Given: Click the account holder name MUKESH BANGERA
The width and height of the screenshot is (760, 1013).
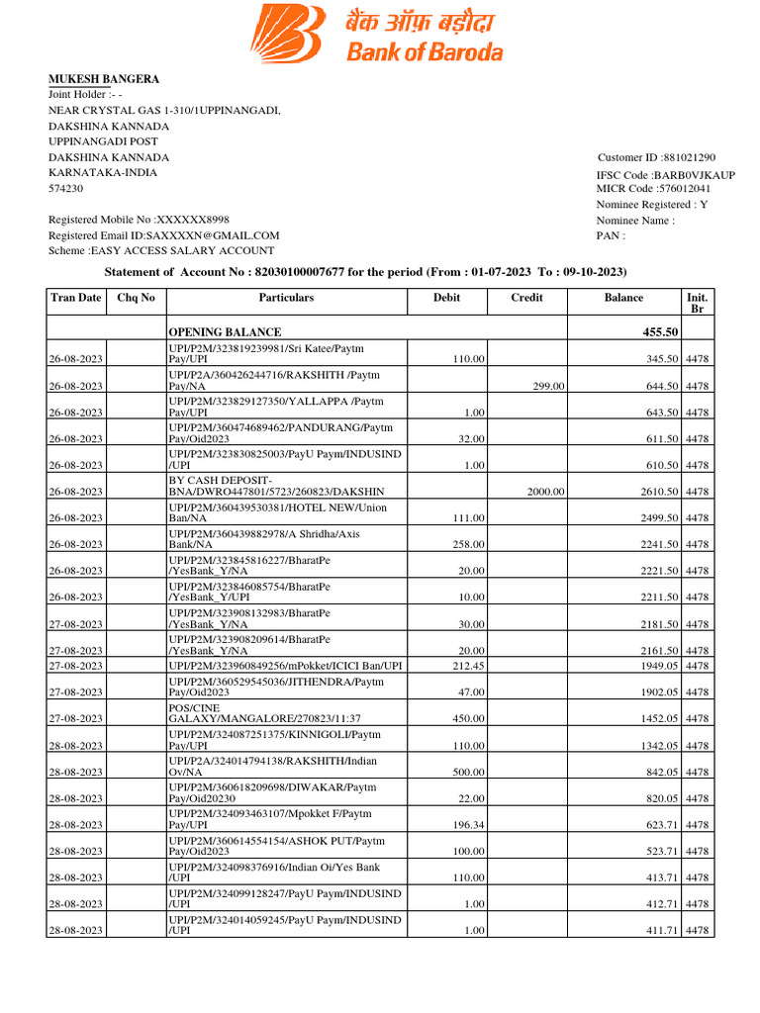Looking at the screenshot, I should [x=104, y=79].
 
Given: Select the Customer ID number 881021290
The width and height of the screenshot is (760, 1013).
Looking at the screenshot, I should [x=689, y=157].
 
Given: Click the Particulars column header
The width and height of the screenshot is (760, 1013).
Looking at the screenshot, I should [x=286, y=298].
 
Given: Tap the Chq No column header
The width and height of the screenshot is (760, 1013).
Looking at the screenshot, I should [x=136, y=298].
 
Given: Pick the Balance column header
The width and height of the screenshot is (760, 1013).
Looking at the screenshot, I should [x=623, y=298].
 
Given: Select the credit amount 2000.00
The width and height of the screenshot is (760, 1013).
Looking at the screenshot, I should [x=544, y=492].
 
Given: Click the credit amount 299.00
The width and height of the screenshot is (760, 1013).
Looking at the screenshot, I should [x=548, y=386].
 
